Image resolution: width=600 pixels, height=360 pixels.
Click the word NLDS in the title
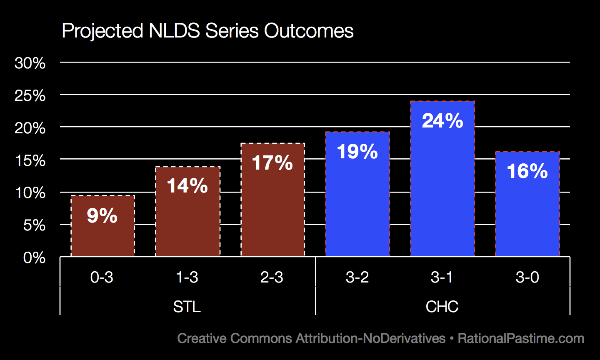[172, 31]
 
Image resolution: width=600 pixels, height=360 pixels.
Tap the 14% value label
[187, 186]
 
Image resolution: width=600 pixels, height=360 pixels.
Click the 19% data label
[357, 151]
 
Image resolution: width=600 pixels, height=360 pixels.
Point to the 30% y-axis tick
[30, 63]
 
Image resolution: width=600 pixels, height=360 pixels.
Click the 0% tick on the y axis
[34, 258]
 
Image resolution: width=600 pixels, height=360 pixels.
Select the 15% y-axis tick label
[30, 160]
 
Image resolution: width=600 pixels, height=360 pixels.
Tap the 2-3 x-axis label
[272, 277]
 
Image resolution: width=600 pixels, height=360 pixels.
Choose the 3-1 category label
[442, 277]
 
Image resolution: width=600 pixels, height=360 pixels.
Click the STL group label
[187, 307]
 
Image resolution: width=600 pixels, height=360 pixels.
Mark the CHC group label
[442, 307]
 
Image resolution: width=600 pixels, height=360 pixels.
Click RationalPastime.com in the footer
[521, 338]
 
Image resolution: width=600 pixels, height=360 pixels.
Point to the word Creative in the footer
[202, 338]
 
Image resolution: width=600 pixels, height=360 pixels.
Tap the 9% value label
[102, 216]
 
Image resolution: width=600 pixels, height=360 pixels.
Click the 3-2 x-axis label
[357, 277]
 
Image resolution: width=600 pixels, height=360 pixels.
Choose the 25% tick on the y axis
[30, 96]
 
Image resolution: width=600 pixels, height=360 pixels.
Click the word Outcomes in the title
[309, 31]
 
